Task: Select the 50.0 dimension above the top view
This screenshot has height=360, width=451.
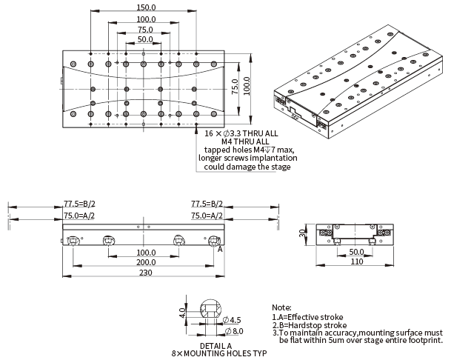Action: (145, 39)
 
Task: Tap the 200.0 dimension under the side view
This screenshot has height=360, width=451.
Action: (145, 263)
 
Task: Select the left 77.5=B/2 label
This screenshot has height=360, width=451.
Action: (80, 204)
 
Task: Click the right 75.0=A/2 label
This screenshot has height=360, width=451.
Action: (207, 215)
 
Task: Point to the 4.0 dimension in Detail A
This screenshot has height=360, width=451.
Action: (182, 313)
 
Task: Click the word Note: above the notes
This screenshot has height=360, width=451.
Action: (282, 307)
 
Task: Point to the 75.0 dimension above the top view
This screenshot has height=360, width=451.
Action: (145, 29)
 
